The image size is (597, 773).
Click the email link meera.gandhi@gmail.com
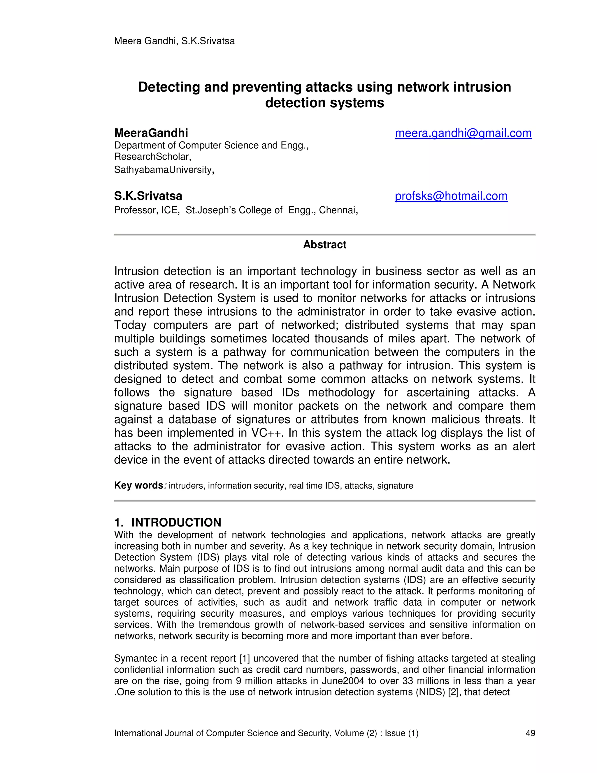pyautogui.click(x=463, y=133)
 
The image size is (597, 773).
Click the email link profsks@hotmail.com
pyautogui.click(x=451, y=196)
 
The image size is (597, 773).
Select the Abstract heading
pyautogui.click(x=324, y=244)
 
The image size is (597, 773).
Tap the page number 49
pyautogui.click(x=530, y=733)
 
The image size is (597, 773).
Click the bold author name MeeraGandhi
pyautogui.click(x=151, y=133)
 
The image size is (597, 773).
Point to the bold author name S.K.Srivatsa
pyautogui.click(x=148, y=196)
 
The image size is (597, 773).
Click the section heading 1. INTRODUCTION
pyautogui.click(x=168, y=522)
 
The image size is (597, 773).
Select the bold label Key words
pyautogui.click(x=138, y=485)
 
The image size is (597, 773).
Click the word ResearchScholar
pyautogui.click(x=152, y=156)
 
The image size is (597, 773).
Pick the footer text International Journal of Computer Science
pyautogui.click(x=222, y=733)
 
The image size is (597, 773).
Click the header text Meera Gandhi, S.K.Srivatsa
pyautogui.click(x=174, y=41)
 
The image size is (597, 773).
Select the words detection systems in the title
pyautogui.click(x=324, y=103)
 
